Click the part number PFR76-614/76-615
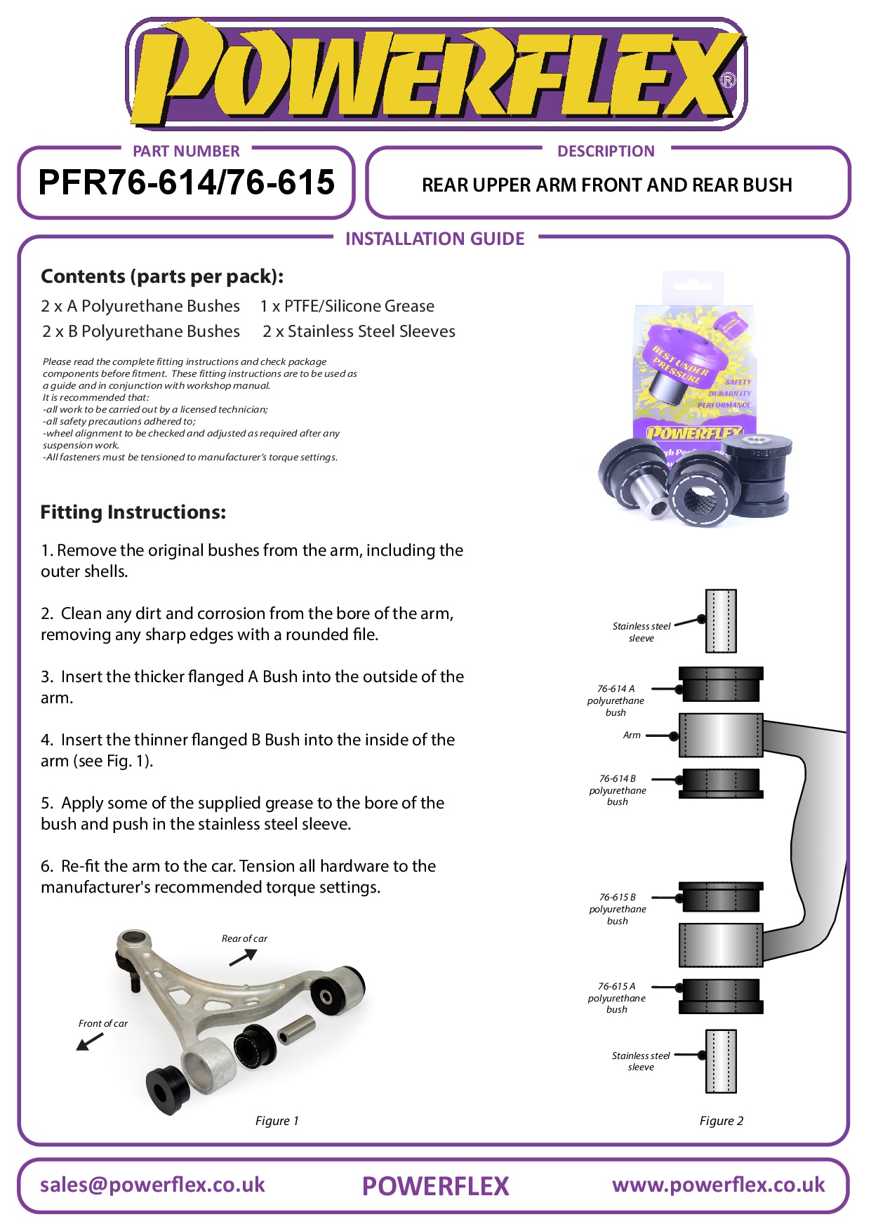click(x=186, y=182)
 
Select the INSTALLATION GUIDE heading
click(x=434, y=239)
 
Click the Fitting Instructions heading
click(x=133, y=512)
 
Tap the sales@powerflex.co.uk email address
click(x=152, y=1185)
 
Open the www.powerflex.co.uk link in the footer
click(x=718, y=1185)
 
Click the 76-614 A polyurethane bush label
click(x=616, y=700)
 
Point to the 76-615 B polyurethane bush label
click(x=617, y=909)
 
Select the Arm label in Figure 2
click(x=632, y=736)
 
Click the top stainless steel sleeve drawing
click(x=721, y=621)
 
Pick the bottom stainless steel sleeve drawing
click(x=721, y=1061)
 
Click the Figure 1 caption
click(x=277, y=1121)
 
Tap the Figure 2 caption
click(x=721, y=1121)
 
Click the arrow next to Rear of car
click(x=244, y=957)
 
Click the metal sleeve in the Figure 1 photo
click(x=296, y=1029)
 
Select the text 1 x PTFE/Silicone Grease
click(x=347, y=306)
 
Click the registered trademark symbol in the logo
click(x=729, y=81)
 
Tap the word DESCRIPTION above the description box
click(x=606, y=152)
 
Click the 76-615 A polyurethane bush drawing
click(x=721, y=996)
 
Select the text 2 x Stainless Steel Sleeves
click(x=359, y=331)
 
